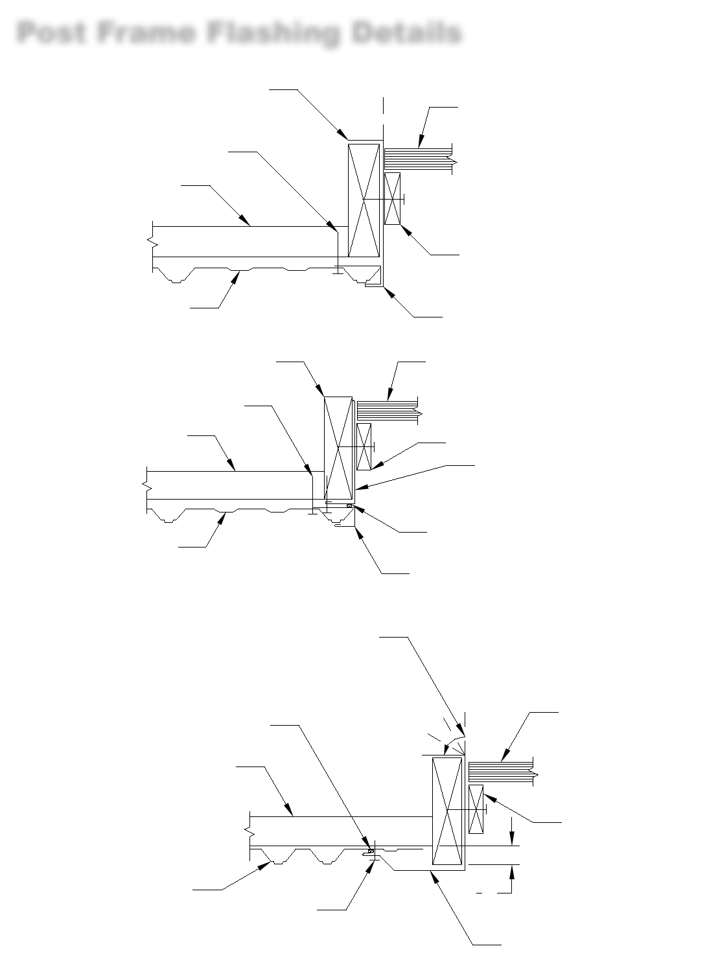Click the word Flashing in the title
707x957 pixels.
click(x=273, y=32)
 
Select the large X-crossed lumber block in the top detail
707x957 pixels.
click(x=364, y=200)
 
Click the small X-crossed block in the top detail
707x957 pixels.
click(x=392, y=198)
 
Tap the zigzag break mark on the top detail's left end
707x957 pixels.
click(x=153, y=240)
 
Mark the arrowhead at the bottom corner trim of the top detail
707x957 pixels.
click(x=388, y=290)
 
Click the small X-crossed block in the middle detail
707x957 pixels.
click(x=364, y=446)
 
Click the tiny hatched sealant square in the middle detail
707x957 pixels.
click(x=350, y=506)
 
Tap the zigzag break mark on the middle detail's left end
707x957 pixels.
click(x=145, y=485)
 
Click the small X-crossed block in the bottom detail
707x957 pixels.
click(x=476, y=809)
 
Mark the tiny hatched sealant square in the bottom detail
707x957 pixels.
click(x=371, y=850)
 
